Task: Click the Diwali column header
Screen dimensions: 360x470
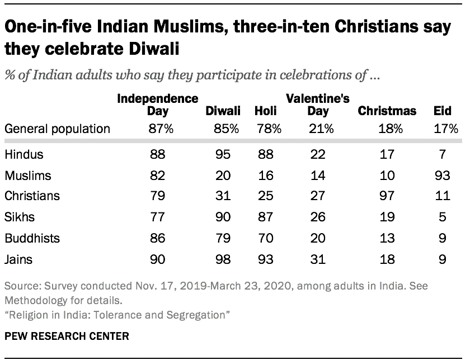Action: point(223,111)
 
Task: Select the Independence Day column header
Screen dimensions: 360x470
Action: point(157,105)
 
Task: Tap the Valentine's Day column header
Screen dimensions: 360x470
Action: point(318,105)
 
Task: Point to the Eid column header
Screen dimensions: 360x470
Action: point(443,111)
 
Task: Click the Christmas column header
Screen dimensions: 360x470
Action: point(387,111)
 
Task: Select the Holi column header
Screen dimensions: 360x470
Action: point(266,111)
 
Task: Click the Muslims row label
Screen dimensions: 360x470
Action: point(27,176)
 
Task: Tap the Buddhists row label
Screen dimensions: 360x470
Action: point(32,238)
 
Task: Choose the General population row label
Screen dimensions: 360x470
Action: point(58,129)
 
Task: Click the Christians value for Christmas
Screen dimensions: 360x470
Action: point(387,196)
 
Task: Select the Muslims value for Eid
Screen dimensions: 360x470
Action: point(443,176)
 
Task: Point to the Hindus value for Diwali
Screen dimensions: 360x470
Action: point(223,155)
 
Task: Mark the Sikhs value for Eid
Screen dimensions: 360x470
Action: point(443,217)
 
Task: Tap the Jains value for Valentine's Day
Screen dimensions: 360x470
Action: point(318,259)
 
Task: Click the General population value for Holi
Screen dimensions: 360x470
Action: point(266,129)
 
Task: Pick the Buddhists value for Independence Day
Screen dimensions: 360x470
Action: point(157,238)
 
